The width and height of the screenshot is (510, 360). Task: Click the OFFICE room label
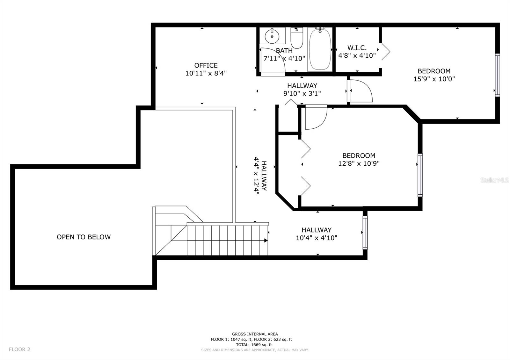[206, 66]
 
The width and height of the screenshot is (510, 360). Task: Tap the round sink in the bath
[272, 36]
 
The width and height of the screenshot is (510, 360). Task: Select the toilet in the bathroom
[297, 38]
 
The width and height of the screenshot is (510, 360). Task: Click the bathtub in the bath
[320, 49]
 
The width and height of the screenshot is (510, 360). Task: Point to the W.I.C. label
[357, 48]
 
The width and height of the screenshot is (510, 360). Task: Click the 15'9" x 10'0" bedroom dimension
[434, 79]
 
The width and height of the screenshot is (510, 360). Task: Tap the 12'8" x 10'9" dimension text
[359, 163]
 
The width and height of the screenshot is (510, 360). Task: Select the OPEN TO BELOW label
[84, 237]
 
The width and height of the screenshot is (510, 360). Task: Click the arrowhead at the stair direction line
[266, 240]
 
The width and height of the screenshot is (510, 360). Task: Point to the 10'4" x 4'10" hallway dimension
[317, 238]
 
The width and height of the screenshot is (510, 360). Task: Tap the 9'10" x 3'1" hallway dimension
[302, 93]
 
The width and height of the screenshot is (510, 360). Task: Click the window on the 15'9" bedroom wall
[498, 75]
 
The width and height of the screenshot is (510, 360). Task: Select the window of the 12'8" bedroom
[420, 175]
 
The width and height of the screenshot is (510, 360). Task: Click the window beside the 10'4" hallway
[365, 232]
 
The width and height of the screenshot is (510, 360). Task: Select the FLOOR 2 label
[19, 349]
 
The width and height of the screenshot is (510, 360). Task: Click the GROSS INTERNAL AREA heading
[255, 334]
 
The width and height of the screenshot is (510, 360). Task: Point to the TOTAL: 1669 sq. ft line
[254, 344]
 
